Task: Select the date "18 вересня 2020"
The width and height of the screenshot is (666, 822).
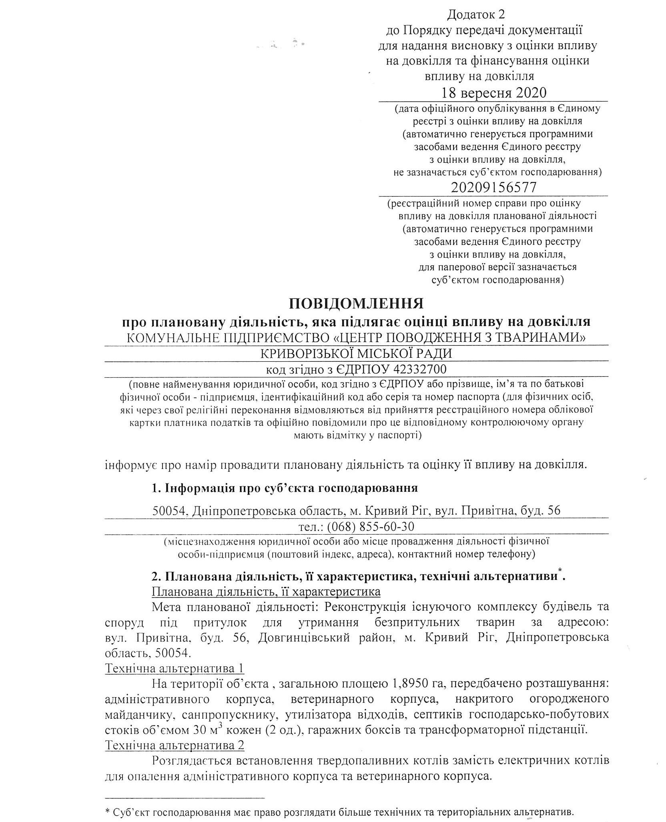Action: point(493,93)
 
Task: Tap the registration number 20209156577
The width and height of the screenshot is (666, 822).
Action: point(493,187)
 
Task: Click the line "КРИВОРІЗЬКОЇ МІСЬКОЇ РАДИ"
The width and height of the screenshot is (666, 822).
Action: point(356,354)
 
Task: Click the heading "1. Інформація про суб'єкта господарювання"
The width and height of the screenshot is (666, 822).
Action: point(285,488)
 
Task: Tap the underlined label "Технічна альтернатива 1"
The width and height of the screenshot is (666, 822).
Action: point(174,669)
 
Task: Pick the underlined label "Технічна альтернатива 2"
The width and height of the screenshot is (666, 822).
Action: point(174,746)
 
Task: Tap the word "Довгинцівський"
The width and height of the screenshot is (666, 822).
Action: point(301,638)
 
